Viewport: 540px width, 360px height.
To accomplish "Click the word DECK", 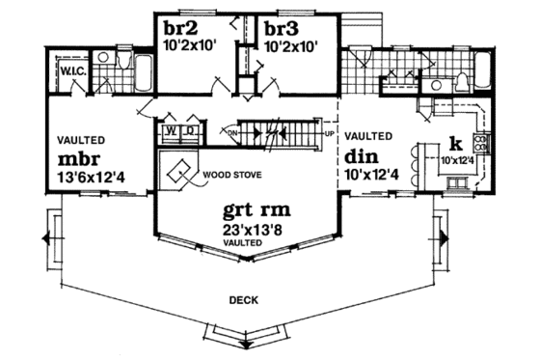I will point(243,300).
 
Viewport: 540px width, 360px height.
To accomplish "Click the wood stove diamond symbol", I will point(179,174).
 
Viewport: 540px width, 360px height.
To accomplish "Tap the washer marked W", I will point(170,127).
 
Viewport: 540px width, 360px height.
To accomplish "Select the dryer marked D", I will point(190,127).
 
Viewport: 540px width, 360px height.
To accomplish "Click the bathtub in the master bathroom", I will point(144,70).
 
